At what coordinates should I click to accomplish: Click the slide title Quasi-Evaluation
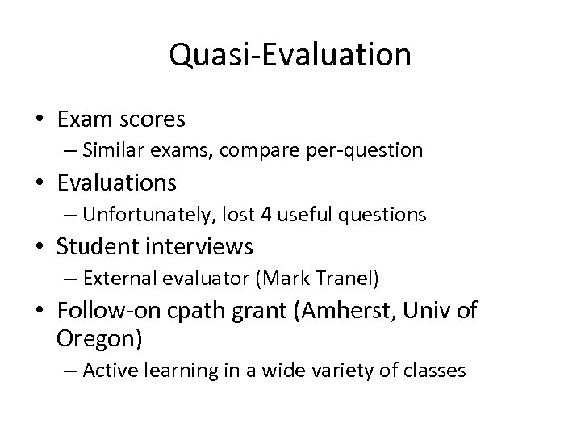[290, 55]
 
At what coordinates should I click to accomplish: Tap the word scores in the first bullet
[153, 120]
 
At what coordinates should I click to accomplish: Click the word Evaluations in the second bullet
[117, 183]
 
